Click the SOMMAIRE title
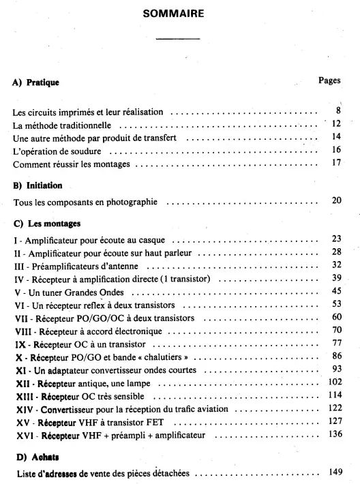(179, 13)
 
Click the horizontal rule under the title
(179, 39)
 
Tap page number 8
(337, 110)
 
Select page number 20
(335, 202)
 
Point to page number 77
(335, 343)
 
